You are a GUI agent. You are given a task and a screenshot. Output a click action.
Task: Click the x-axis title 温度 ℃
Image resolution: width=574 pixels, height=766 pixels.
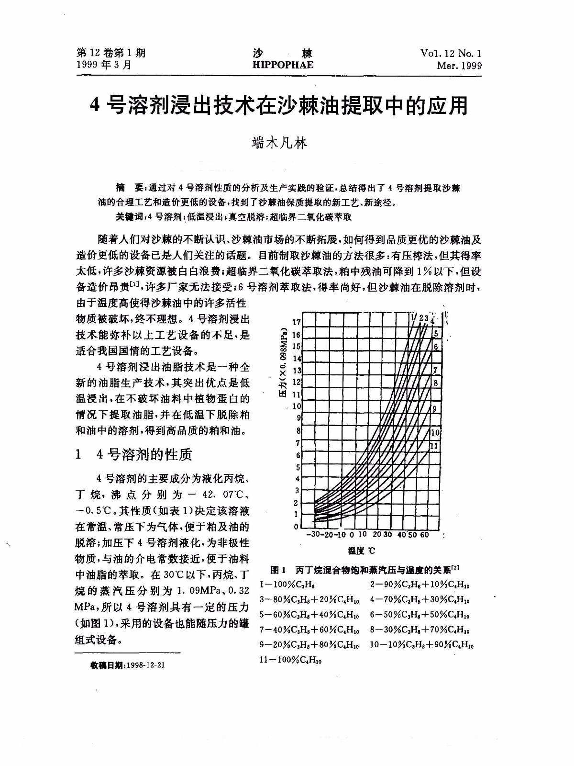click(361, 551)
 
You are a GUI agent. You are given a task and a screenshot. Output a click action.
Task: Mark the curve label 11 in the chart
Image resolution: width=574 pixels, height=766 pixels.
click(434, 446)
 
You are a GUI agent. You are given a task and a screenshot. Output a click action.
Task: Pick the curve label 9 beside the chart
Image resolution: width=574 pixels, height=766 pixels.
click(434, 409)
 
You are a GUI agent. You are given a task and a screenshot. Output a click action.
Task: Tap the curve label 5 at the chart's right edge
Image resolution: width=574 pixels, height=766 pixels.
click(435, 334)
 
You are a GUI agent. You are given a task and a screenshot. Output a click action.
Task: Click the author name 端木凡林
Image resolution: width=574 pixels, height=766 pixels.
click(279, 143)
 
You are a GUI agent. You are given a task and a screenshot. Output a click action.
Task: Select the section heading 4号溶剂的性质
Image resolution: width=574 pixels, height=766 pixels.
click(144, 454)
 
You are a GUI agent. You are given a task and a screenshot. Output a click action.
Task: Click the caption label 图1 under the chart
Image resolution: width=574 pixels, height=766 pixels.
click(278, 570)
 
